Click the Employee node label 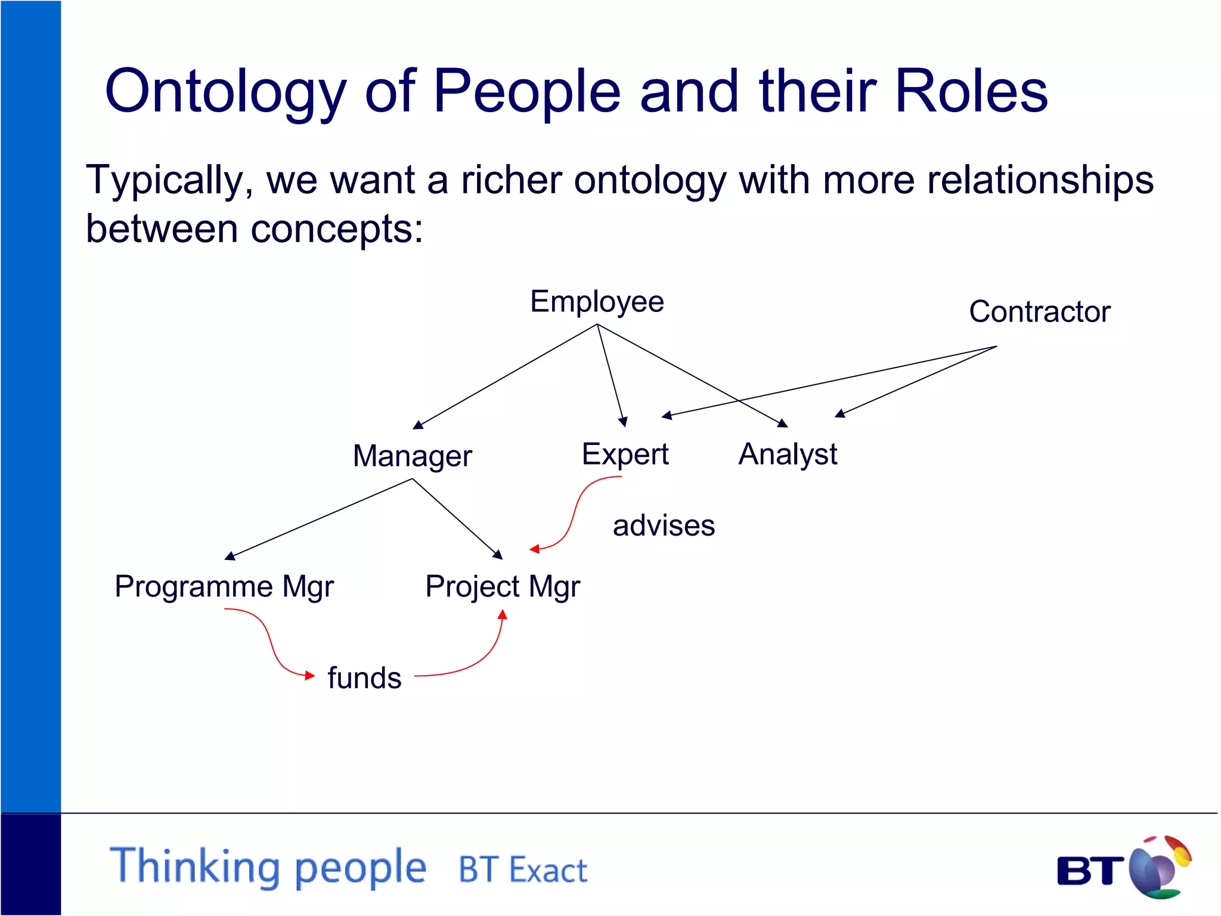point(597,302)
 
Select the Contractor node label point(1039,312)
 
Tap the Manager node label point(412,456)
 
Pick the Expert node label point(625,454)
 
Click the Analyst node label point(788,454)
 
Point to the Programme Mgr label point(224,586)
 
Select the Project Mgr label point(502,586)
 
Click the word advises point(664,526)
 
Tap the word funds point(364,678)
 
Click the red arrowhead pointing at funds point(309,676)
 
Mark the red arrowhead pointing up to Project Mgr point(503,615)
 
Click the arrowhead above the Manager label point(418,425)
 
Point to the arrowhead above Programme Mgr point(230,556)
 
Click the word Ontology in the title point(225,91)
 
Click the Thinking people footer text point(268,867)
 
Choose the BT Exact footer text point(522,870)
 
